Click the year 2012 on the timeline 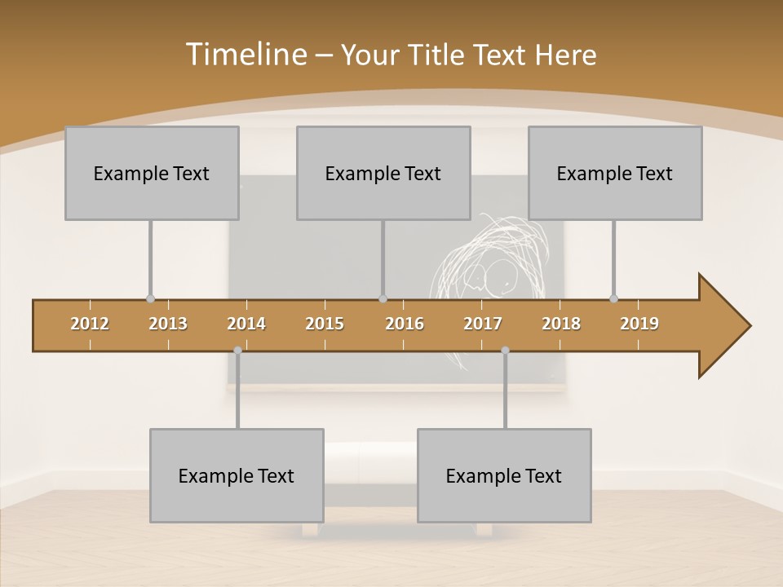tap(90, 324)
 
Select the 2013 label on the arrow tap(168, 324)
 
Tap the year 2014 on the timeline tap(246, 324)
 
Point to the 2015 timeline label tap(325, 324)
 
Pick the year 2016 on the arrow tap(405, 324)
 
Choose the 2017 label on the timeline tap(483, 324)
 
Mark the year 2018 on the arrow tap(561, 324)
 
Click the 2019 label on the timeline tap(639, 324)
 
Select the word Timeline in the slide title tap(245, 55)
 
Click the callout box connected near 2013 tap(152, 173)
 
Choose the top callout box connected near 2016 tap(383, 173)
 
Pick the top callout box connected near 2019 tap(615, 173)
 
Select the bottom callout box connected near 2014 tap(237, 475)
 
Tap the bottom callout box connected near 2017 tap(504, 475)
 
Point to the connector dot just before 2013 tap(150, 298)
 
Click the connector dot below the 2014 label tap(237, 350)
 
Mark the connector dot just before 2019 tap(613, 298)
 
